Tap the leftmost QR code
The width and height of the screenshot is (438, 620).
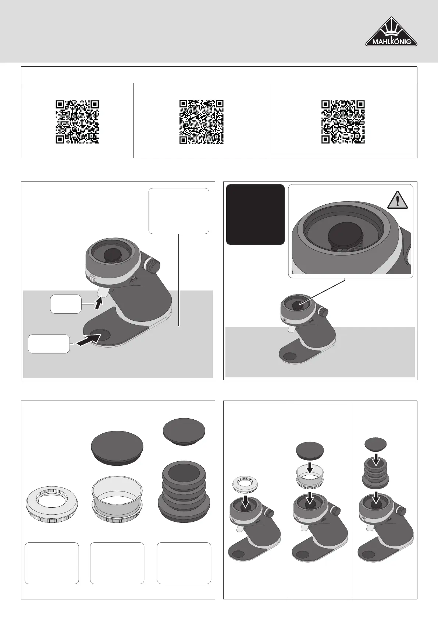[78, 122]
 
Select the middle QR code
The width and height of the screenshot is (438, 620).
[202, 122]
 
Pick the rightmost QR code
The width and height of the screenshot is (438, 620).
[343, 122]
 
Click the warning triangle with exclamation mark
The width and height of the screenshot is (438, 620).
[398, 200]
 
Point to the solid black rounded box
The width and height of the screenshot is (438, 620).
[255, 215]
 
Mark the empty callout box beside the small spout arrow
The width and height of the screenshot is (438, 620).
[66, 304]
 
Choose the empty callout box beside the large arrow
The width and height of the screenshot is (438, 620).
[49, 344]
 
